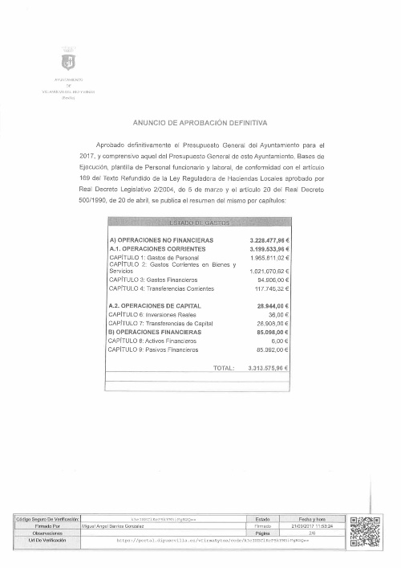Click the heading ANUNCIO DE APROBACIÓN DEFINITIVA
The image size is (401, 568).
coord(200,122)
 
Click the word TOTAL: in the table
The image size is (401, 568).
coord(224,368)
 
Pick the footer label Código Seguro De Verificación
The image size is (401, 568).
coord(47,520)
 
